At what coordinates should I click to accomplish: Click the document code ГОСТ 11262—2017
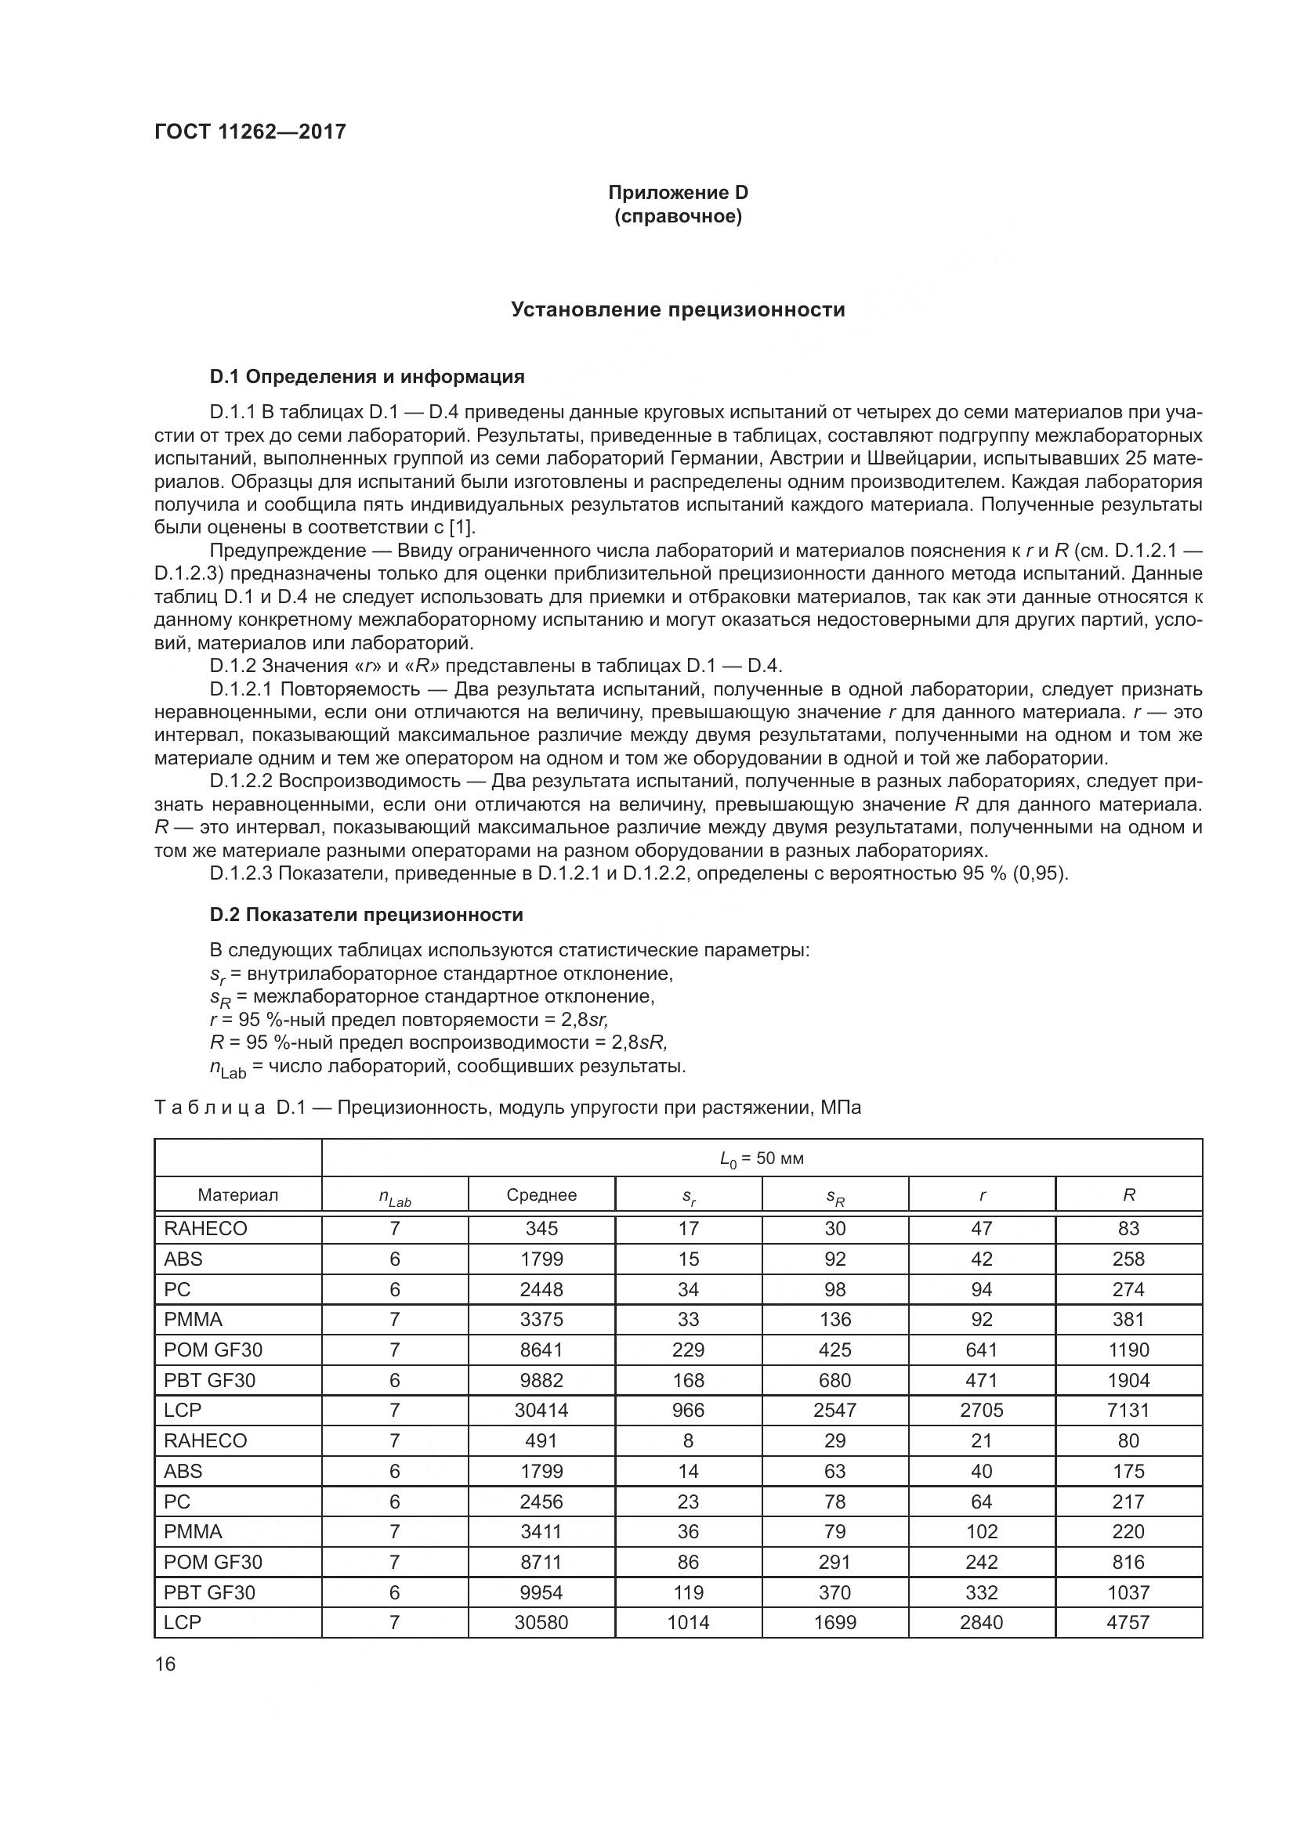(250, 132)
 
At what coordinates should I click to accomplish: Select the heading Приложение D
(678, 193)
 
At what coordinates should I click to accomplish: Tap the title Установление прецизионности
(678, 309)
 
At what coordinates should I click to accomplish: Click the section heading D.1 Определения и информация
(367, 377)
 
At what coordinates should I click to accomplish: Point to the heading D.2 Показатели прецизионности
(366, 914)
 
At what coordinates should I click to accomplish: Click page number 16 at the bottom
(165, 1664)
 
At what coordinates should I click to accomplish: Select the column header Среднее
(541, 1194)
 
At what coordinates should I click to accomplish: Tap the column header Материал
(238, 1194)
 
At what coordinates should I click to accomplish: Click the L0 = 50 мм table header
(762, 1158)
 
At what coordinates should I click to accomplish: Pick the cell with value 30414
(541, 1410)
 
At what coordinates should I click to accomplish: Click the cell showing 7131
(1128, 1410)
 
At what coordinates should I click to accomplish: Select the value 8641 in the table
(541, 1350)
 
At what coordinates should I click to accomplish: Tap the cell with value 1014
(688, 1622)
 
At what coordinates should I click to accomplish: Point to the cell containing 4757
(1128, 1622)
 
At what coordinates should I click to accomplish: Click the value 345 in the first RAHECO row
(541, 1228)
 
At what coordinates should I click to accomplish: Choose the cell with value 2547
(834, 1410)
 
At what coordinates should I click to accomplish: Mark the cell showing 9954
(541, 1592)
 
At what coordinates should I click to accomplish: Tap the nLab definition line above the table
(447, 1067)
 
